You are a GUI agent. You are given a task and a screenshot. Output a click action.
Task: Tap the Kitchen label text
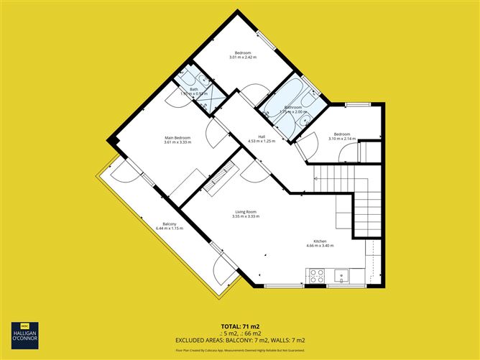(320, 241)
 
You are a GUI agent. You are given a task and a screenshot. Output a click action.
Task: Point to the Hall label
(262, 136)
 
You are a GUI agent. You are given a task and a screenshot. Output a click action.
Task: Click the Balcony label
(170, 223)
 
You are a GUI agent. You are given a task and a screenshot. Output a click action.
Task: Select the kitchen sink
(341, 274)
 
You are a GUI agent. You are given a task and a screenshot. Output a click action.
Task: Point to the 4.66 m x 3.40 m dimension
(320, 246)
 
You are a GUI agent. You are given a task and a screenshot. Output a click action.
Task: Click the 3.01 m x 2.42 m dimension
(244, 57)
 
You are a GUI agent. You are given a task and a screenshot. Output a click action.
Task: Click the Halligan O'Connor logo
(25, 336)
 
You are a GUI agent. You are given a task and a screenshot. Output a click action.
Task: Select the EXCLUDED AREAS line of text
(240, 339)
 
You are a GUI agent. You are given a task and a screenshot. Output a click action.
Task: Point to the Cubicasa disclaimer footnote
(240, 349)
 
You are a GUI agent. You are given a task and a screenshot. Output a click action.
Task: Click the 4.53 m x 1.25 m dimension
(262, 141)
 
